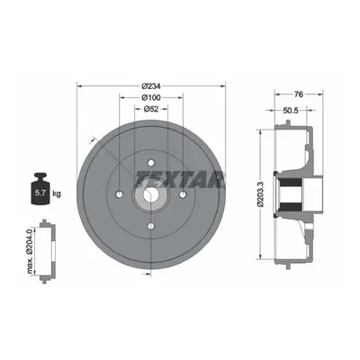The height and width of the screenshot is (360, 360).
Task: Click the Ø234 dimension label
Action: [x=151, y=86]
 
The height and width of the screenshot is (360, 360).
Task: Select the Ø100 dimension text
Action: [x=151, y=97]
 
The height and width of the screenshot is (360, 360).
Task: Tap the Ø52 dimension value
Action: [x=151, y=109]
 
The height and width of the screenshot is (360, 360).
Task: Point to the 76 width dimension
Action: [x=299, y=94]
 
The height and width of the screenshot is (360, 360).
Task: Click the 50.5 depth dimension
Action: [x=291, y=111]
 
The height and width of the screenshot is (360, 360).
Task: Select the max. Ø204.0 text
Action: [x=30, y=251]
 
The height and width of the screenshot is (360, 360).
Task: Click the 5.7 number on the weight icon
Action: [x=40, y=193]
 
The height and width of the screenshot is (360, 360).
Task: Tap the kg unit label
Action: [x=57, y=193]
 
